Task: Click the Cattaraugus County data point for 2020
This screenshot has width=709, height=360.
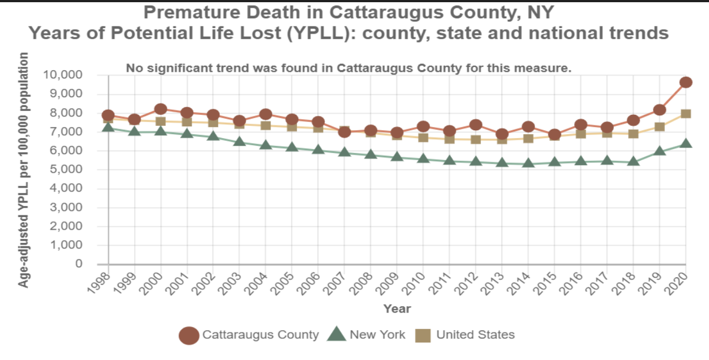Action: [x=686, y=82]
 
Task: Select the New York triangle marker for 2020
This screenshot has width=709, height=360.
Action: [x=686, y=144]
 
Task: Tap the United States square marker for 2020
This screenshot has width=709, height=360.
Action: [x=686, y=114]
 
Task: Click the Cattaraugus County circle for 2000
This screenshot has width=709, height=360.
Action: [x=161, y=109]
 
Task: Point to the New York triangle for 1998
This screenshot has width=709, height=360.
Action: [x=108, y=128]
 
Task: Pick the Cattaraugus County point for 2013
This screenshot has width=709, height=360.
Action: [x=502, y=134]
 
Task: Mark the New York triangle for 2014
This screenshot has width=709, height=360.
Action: [x=528, y=163]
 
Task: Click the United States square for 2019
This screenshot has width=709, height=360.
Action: [x=659, y=126]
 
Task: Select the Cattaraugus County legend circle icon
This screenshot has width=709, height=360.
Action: [x=189, y=335]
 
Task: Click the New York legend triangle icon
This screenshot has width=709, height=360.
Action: [x=337, y=334]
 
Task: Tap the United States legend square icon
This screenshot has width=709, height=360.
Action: [x=423, y=335]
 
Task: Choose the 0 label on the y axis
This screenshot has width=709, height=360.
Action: [x=79, y=264]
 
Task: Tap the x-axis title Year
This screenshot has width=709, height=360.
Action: [x=397, y=309]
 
